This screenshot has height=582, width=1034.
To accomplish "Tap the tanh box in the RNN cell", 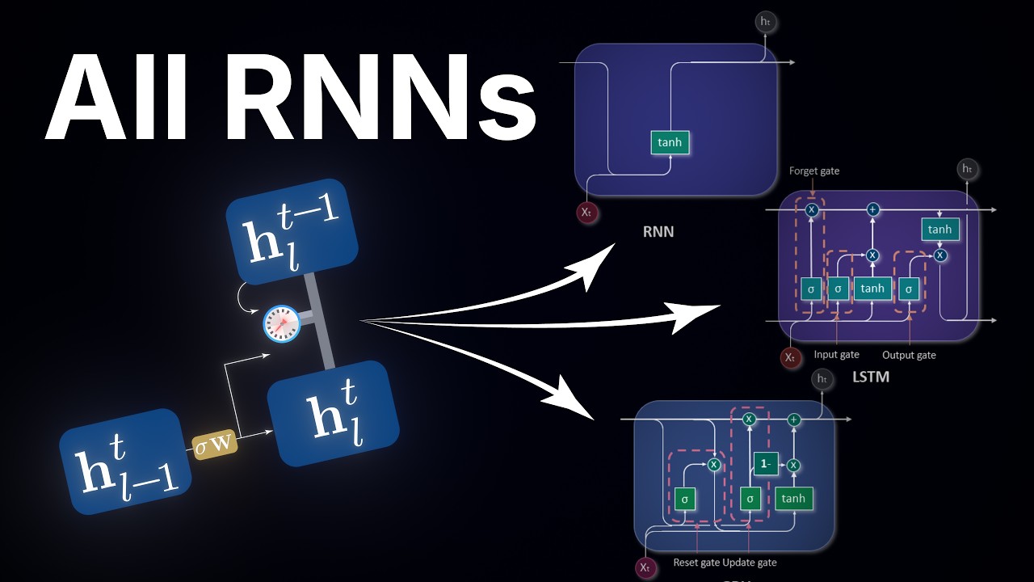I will [x=670, y=142].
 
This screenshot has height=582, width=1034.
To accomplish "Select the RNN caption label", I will [x=658, y=232].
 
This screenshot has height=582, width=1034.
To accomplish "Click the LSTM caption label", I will [x=870, y=377].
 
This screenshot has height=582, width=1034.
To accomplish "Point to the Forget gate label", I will [x=813, y=171].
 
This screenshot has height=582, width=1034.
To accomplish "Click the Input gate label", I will [x=836, y=355].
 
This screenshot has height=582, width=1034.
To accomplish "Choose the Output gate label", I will [x=909, y=355].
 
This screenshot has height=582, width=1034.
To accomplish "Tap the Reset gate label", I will [x=696, y=562].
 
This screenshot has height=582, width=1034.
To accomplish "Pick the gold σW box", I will [x=215, y=444].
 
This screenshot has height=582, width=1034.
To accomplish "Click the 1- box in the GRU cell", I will [x=765, y=463].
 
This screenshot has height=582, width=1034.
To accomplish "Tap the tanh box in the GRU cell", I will [x=793, y=499].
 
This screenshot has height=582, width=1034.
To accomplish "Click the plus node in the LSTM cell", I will [x=872, y=209].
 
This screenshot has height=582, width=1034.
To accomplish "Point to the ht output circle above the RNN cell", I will [x=766, y=22].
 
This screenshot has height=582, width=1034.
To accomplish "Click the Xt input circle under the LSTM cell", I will [x=790, y=356].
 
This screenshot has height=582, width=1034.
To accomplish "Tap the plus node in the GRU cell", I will [x=794, y=420].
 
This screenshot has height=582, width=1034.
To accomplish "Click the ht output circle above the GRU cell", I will [x=822, y=378].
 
